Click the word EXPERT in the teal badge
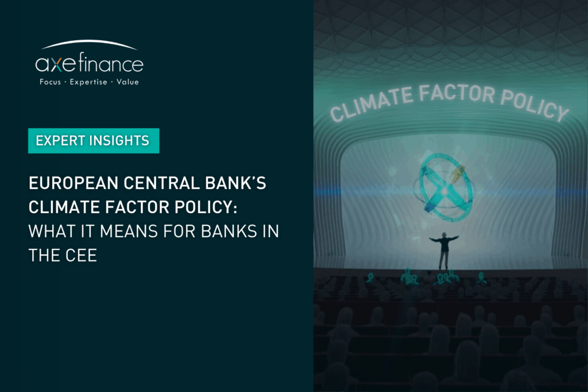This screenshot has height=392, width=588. click(60, 140)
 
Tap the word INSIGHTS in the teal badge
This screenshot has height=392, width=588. click(119, 140)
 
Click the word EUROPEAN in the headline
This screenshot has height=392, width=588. click(73, 183)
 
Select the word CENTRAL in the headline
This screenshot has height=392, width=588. click(161, 183)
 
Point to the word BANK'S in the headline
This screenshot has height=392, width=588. click(235, 183)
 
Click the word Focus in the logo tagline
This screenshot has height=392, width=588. click(51, 82)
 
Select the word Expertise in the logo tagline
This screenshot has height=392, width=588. click(88, 82)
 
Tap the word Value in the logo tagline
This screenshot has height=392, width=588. click(127, 82)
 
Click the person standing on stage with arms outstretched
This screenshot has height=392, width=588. click(444, 249)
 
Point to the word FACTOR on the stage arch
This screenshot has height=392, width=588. click(457, 93)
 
